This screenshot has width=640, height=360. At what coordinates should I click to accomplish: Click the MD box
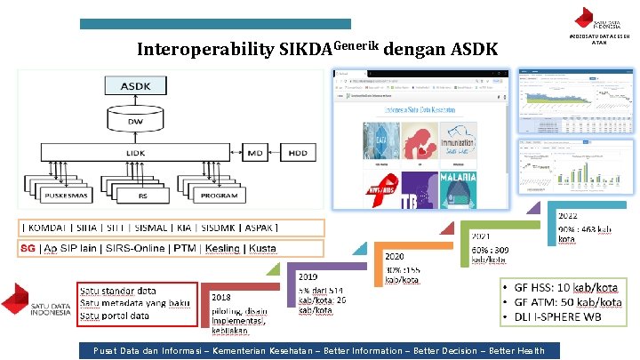pos(255,154)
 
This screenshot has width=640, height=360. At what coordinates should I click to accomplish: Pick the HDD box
pos(297,154)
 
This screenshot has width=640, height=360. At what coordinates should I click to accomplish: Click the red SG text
pos(28,248)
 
